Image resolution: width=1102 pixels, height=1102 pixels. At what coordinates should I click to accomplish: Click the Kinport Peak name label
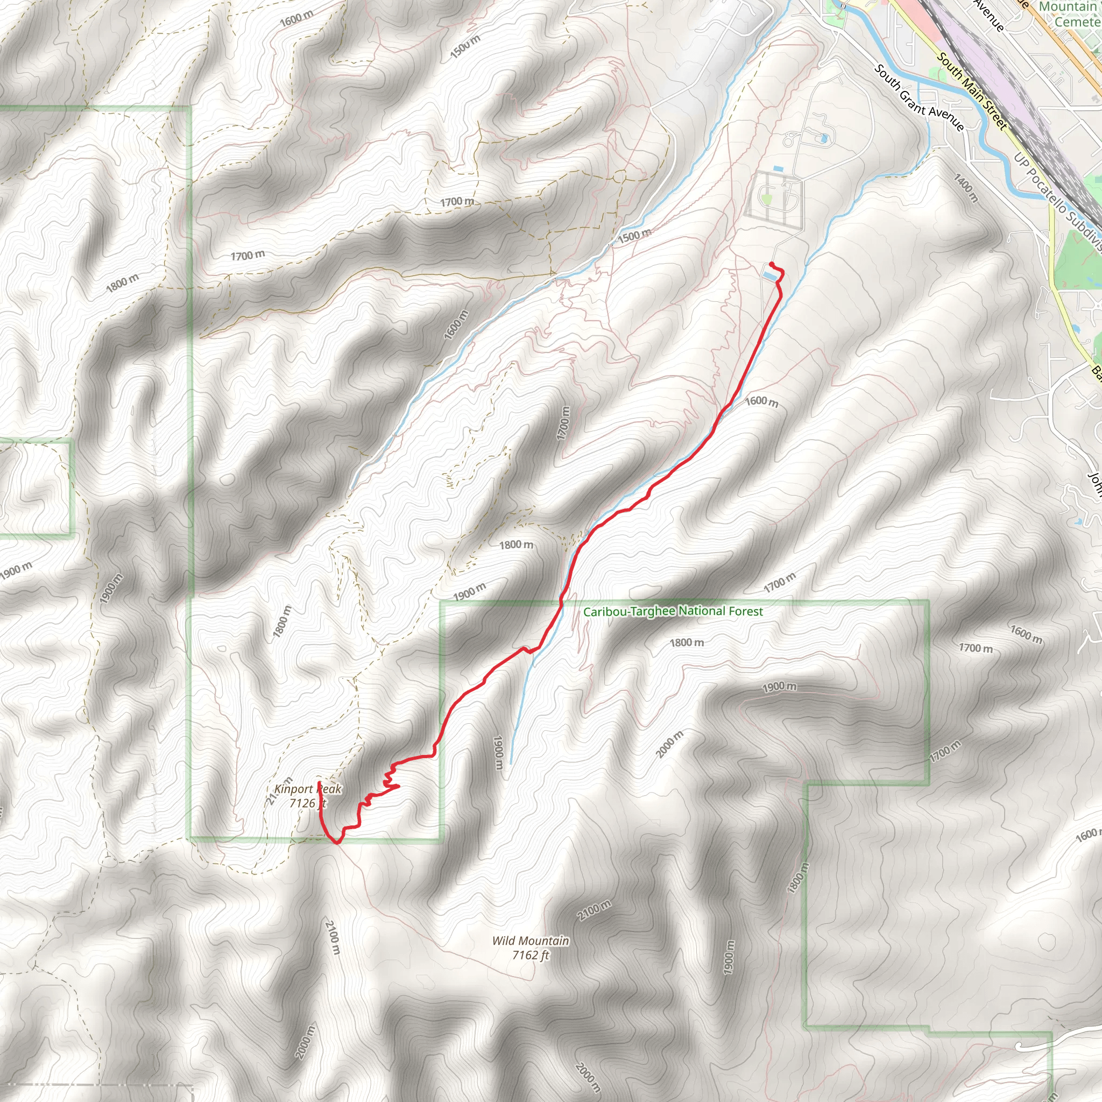coord(307,789)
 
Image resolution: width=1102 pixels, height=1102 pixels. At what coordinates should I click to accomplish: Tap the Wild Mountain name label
coord(531,941)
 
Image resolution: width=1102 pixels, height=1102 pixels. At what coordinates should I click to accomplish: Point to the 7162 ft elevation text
coord(531,955)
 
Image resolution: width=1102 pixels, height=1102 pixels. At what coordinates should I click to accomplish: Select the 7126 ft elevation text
coord(307,803)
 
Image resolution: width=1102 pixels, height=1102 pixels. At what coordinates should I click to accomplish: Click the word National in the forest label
coord(701,611)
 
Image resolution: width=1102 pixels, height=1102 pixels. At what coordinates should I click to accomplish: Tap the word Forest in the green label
coord(744,611)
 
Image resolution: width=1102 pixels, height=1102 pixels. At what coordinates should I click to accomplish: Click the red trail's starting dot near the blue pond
coord(771,264)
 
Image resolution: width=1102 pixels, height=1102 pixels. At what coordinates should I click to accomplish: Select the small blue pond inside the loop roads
coord(823,138)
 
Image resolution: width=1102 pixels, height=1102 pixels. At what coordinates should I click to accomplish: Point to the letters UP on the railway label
coord(1019,159)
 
